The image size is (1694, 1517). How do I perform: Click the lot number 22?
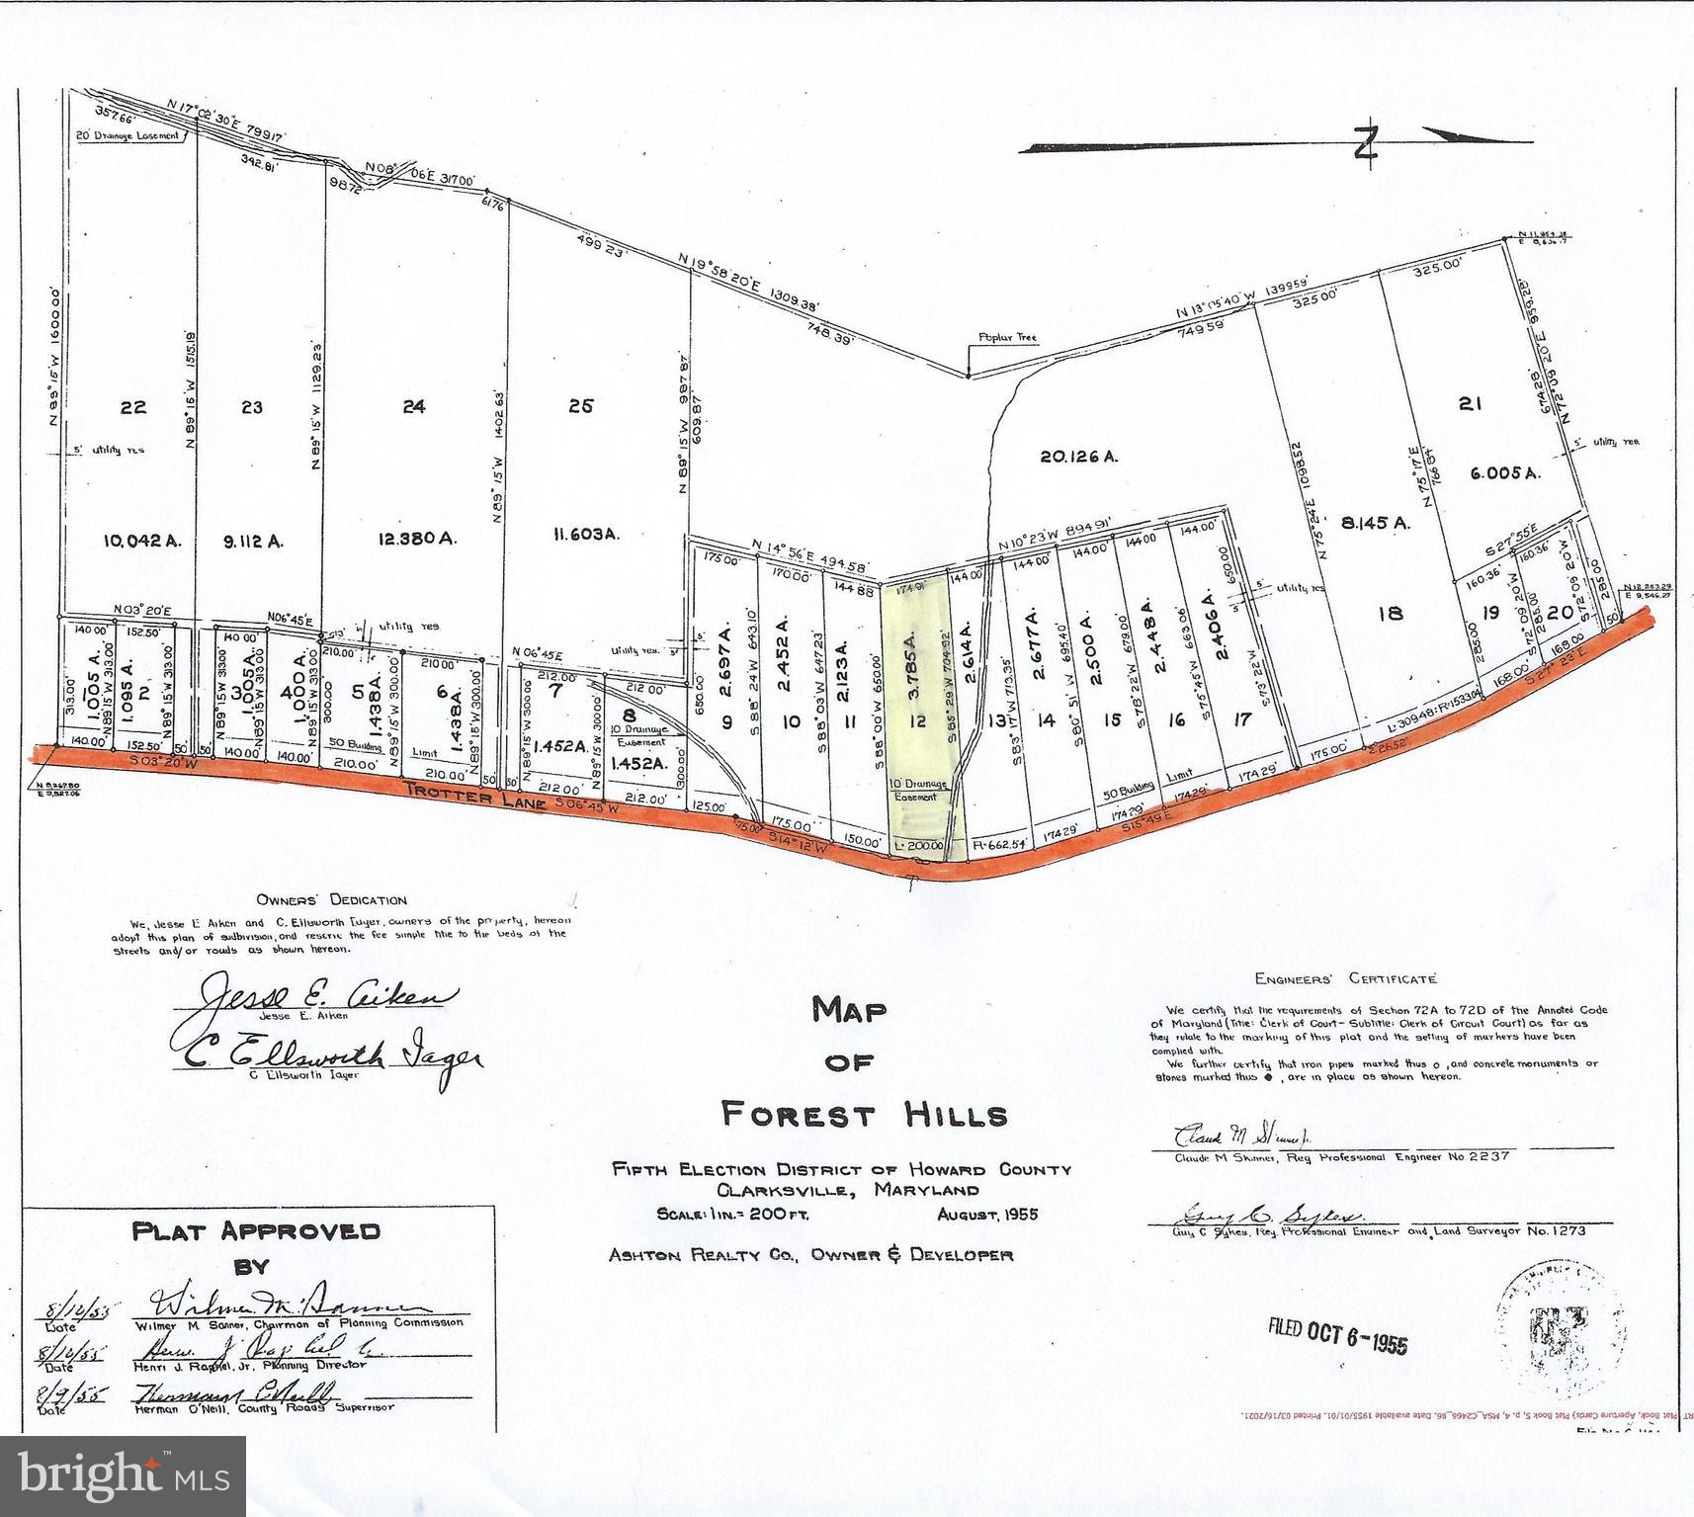click(133, 407)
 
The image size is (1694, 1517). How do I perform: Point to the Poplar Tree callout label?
click(1007, 337)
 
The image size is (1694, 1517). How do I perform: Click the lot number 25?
click(581, 405)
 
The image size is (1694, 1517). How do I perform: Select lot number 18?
click(1390, 613)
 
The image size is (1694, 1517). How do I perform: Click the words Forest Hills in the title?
click(865, 1115)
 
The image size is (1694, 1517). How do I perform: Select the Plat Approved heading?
click(256, 1231)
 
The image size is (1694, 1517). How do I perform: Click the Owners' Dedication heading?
click(331, 900)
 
